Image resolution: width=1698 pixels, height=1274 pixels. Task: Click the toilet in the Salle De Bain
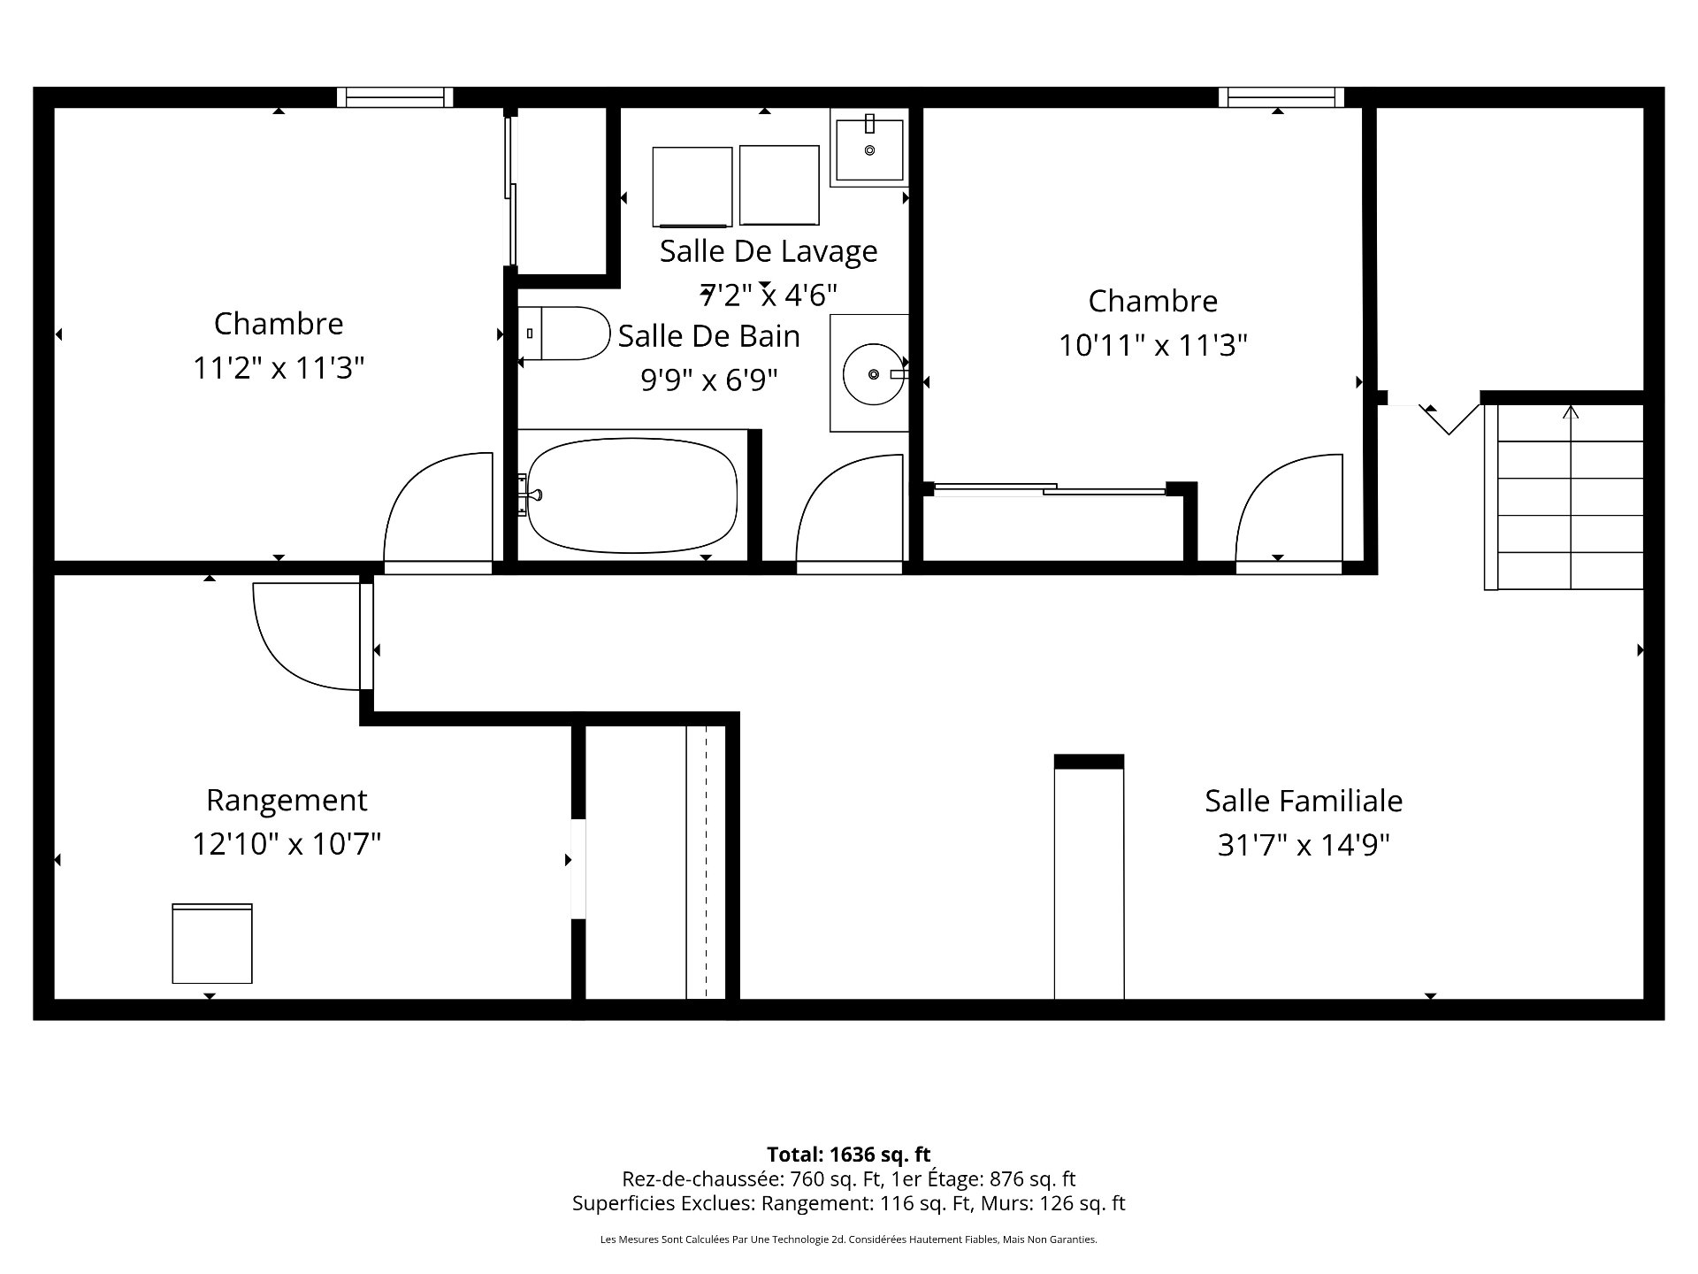pyautogui.click(x=566, y=334)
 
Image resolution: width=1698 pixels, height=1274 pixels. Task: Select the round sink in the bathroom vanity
pyautogui.click(x=874, y=374)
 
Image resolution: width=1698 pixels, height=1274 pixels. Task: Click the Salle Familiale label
pyautogui.click(x=1303, y=802)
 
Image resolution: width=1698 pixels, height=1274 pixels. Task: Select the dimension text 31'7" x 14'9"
pyautogui.click(x=1303, y=846)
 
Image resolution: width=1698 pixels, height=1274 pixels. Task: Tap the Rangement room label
pyautogui.click(x=287, y=801)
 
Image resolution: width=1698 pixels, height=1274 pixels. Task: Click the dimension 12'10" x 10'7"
pyautogui.click(x=287, y=844)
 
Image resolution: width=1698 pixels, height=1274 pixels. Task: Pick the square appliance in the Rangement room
pyautogui.click(x=212, y=944)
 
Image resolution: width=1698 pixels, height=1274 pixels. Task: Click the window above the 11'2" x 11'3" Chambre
pyautogui.click(x=394, y=97)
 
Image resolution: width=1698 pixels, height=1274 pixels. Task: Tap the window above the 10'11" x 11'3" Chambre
pyautogui.click(x=1281, y=97)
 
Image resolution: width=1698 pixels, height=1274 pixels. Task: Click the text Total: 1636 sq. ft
pyautogui.click(x=848, y=1155)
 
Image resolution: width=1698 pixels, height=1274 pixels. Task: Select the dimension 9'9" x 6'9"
pyautogui.click(x=709, y=380)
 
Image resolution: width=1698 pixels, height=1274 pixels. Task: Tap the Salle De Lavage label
pyautogui.click(x=768, y=251)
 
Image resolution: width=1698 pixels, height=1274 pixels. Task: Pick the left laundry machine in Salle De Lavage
pyautogui.click(x=692, y=187)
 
